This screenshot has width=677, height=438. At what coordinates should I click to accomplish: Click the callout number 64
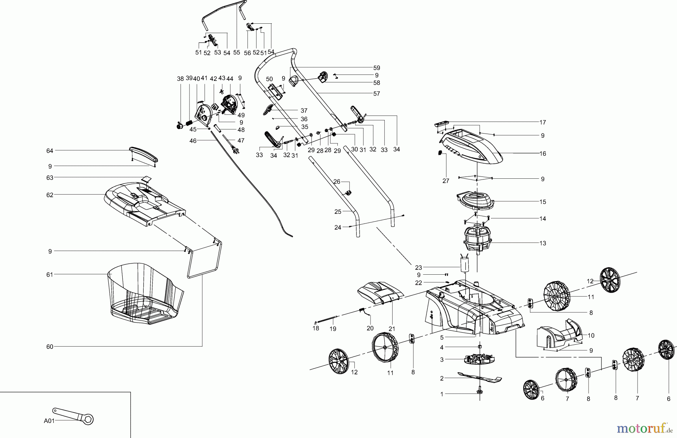(50, 151)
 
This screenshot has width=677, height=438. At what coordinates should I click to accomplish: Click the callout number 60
(50, 347)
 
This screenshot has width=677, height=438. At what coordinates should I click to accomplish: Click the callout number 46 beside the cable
(193, 141)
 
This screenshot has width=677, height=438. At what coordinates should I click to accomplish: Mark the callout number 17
(542, 122)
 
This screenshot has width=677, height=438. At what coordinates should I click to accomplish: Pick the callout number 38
(180, 79)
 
